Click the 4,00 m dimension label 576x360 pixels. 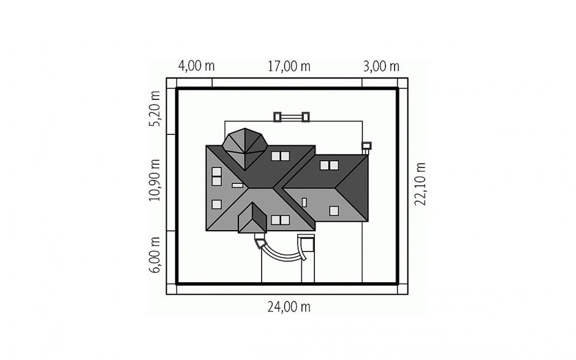196,66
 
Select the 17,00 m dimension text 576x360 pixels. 289,67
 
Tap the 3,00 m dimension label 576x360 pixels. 381,67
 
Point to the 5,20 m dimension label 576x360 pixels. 154,109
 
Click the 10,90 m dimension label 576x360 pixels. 154,180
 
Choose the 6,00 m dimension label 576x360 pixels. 154,255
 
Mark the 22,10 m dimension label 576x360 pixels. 420,184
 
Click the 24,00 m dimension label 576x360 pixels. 289,307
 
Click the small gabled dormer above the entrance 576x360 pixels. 252,218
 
